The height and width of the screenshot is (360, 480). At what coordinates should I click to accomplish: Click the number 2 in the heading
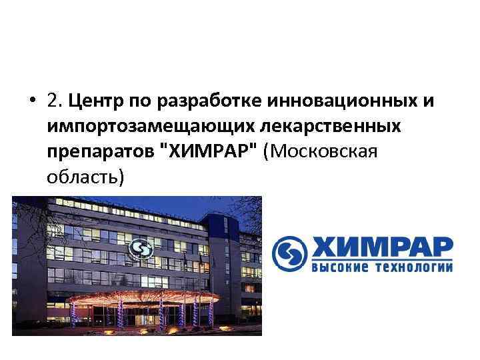[53, 101]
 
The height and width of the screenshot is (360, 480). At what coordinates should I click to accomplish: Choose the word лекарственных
[329, 126]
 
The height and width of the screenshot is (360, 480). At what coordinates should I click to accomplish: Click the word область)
[85, 177]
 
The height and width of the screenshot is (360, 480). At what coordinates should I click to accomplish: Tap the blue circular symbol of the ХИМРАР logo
[289, 254]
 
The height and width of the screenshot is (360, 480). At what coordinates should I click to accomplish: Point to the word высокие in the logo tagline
[341, 268]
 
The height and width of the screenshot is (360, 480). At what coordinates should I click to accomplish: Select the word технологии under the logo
[413, 268]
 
